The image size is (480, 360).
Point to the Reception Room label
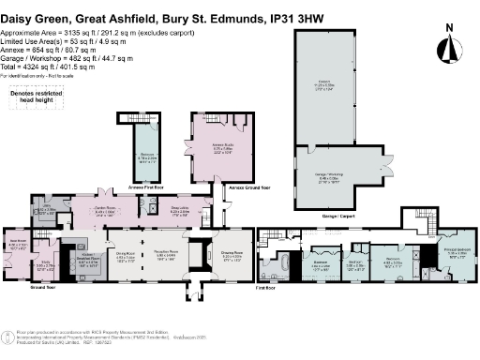click(x=166, y=255)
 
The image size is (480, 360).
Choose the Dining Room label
click(x=127, y=255)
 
